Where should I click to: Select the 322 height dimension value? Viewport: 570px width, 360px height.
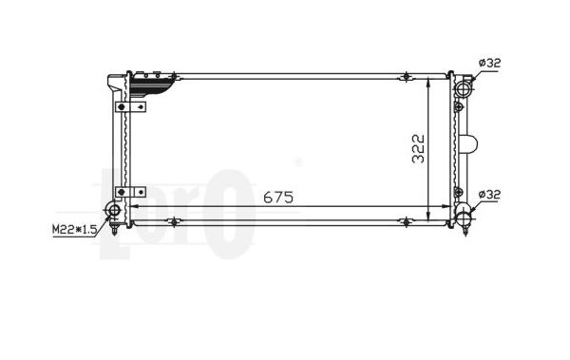coord(418,149)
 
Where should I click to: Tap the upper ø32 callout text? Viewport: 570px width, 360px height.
coord(489,63)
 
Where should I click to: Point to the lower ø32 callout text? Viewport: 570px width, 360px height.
coord(489,195)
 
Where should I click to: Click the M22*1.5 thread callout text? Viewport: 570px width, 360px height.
coord(74,230)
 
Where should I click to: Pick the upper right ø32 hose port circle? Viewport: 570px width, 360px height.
coord(464,89)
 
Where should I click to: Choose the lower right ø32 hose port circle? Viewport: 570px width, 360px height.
coord(464,218)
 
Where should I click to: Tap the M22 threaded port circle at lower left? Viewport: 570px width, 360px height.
coord(114,211)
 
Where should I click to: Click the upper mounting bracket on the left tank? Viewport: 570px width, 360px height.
coord(130,107)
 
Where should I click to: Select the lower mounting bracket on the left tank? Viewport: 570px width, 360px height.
coord(130,192)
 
